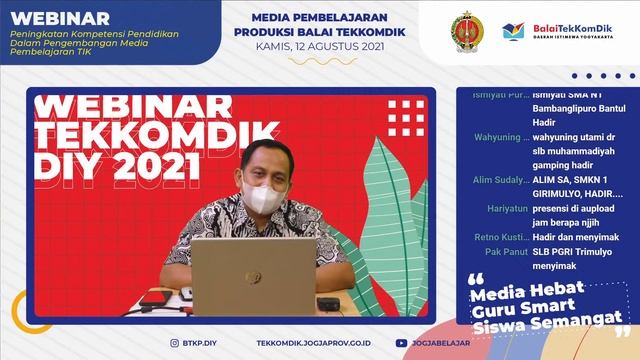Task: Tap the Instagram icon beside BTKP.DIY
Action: pyautogui.click(x=177, y=342)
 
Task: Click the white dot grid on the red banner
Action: pyautogui.click(x=406, y=117)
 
